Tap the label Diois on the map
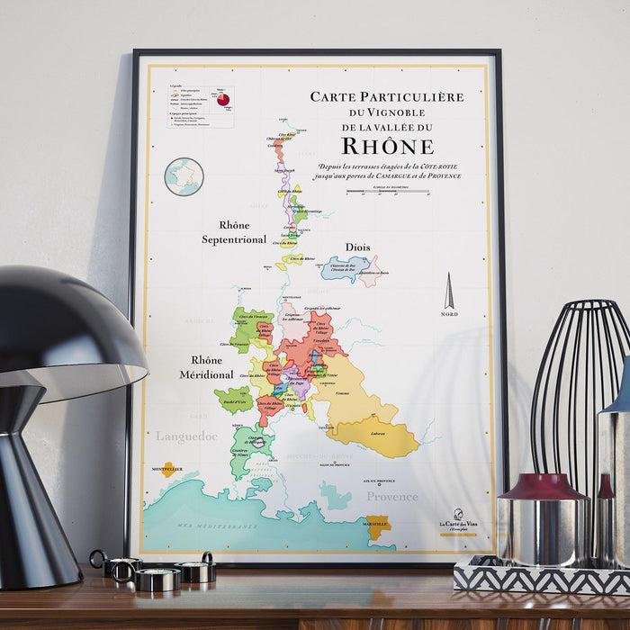pos(358,247)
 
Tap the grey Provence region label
pos(391,496)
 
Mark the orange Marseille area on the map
pos(376,522)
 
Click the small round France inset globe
pos(184,175)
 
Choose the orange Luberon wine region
pos(378,436)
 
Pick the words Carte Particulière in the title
pos(387,96)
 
